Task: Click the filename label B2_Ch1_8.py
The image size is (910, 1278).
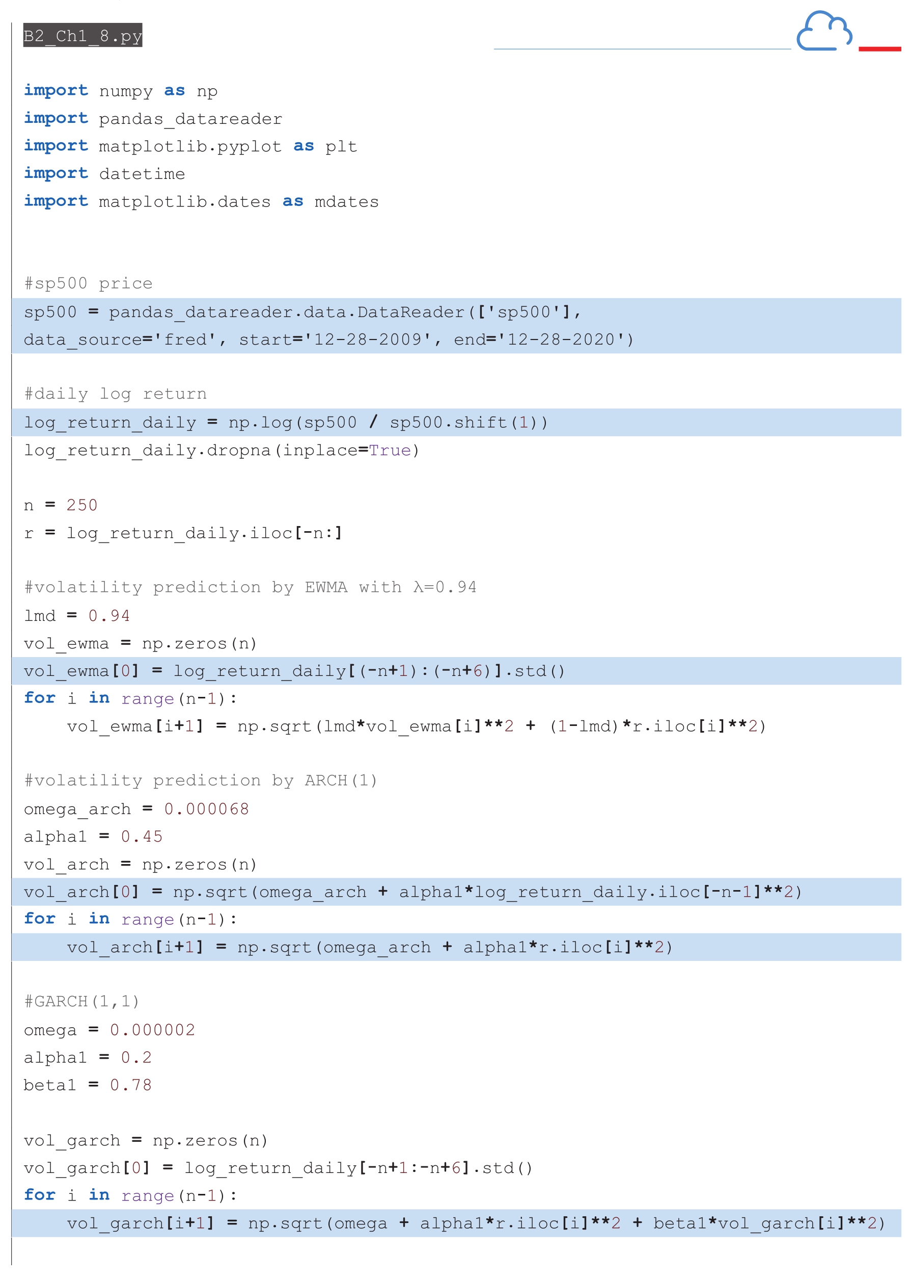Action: [x=82, y=35]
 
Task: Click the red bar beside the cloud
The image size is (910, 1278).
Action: [x=879, y=49]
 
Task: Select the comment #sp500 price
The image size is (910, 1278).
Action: [x=88, y=283]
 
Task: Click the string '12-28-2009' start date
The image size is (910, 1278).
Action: [x=368, y=340]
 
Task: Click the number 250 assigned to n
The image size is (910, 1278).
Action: [x=82, y=505]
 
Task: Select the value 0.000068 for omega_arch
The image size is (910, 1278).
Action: [x=206, y=808]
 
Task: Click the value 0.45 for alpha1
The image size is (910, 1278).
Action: [x=142, y=836]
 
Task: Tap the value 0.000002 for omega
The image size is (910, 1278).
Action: [x=152, y=1030]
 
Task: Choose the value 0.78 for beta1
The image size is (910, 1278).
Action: [x=130, y=1084]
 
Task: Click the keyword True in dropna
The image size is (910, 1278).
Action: [x=390, y=450]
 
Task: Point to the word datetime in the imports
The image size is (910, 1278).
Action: [x=142, y=174]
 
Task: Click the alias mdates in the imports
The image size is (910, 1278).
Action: [x=346, y=201]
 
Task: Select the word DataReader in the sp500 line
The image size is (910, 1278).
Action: [x=411, y=312]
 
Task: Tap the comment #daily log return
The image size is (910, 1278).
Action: [x=116, y=394]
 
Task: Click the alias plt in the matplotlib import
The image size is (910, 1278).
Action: [x=341, y=146]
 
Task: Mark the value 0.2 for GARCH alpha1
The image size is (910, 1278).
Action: [x=136, y=1057]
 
